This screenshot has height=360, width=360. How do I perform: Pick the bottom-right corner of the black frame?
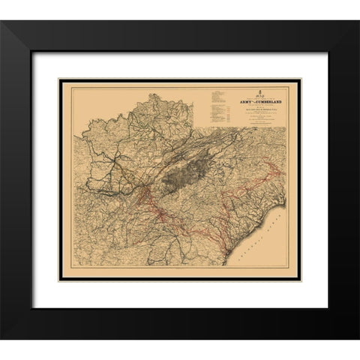pyautogui.click(x=357, y=338)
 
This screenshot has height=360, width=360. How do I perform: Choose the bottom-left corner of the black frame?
pyautogui.click(x=2, y=338)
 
